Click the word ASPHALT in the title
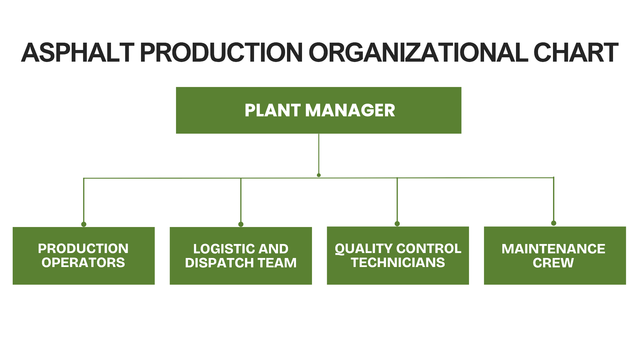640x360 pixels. pyautogui.click(x=78, y=52)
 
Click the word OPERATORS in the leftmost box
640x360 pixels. pyautogui.click(x=83, y=263)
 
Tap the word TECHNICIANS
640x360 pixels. pyautogui.click(x=398, y=263)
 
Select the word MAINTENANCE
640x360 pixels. pyautogui.click(x=553, y=249)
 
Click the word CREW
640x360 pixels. pyautogui.click(x=553, y=263)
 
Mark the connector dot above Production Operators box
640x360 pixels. pyautogui.click(x=84, y=224)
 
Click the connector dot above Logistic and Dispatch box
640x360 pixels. pyautogui.click(x=241, y=224)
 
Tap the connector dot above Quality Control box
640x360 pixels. pyautogui.click(x=397, y=224)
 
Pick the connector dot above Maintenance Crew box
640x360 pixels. pyautogui.click(x=554, y=223)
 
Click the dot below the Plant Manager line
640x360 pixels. pyautogui.click(x=319, y=175)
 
